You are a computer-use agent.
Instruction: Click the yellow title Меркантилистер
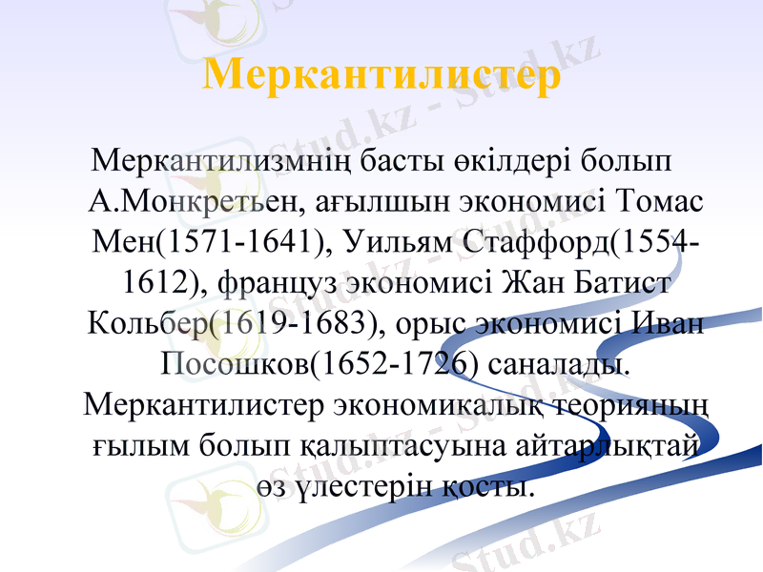pos(381,76)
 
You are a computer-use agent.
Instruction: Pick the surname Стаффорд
pos(534,243)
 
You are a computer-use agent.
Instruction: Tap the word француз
pos(271,284)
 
